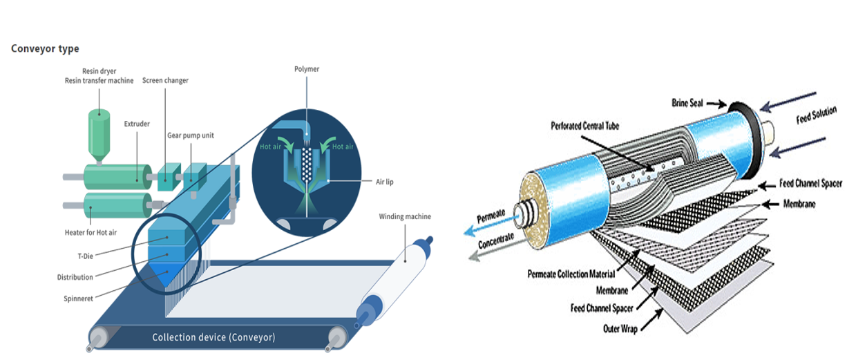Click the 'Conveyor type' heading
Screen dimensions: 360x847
[x=45, y=49]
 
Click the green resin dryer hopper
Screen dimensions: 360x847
[x=98, y=132]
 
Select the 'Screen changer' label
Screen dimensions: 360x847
[x=165, y=81]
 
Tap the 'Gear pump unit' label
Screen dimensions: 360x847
[x=191, y=136]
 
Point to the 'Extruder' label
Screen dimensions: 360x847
[x=137, y=124]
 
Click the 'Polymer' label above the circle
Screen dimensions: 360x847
[x=307, y=69]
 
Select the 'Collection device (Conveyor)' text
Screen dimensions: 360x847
[x=213, y=337]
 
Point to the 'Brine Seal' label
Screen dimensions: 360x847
[x=688, y=103]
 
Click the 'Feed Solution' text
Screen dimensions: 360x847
[x=816, y=115]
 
